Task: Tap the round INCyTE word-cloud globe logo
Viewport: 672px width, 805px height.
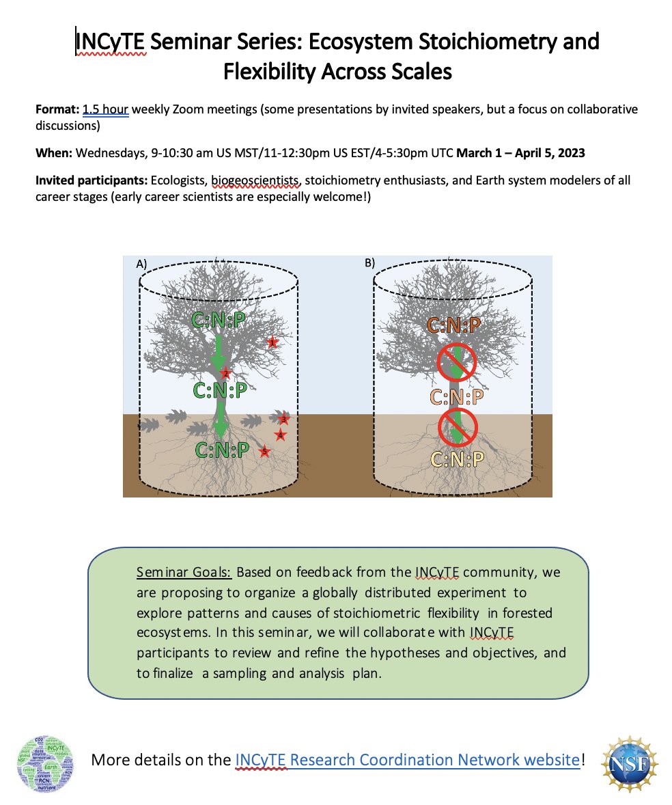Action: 46,759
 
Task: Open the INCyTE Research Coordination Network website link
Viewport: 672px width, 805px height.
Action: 408,759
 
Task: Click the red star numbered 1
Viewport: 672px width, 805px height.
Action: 272,342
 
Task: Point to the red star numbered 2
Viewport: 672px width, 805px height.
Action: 226,374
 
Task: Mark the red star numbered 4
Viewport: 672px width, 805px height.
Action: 279,435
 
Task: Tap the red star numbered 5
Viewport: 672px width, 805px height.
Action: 265,452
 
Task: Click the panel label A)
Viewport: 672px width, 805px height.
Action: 142,263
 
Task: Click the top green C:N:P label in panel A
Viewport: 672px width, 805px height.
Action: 219,320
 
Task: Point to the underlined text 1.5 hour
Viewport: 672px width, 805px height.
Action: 106,109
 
